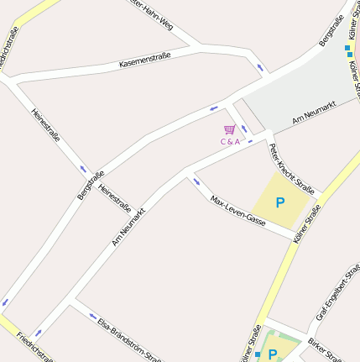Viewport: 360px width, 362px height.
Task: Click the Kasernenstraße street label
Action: point(145,60)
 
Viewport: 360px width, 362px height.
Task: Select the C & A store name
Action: point(230,141)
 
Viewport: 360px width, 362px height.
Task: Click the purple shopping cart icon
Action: point(229,129)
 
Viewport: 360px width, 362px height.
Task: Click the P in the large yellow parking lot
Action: point(280,202)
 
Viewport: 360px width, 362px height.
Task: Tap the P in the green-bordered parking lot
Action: point(273,354)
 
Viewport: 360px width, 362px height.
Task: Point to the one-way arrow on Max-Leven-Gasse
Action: point(196,181)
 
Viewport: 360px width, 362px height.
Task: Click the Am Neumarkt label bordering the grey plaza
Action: point(314,113)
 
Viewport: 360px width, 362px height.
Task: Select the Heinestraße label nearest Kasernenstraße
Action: point(45,123)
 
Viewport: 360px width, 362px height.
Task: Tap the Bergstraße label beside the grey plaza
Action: point(332,30)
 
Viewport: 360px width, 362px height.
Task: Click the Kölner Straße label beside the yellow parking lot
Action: point(307,224)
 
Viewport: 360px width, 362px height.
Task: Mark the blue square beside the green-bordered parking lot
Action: point(258,355)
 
